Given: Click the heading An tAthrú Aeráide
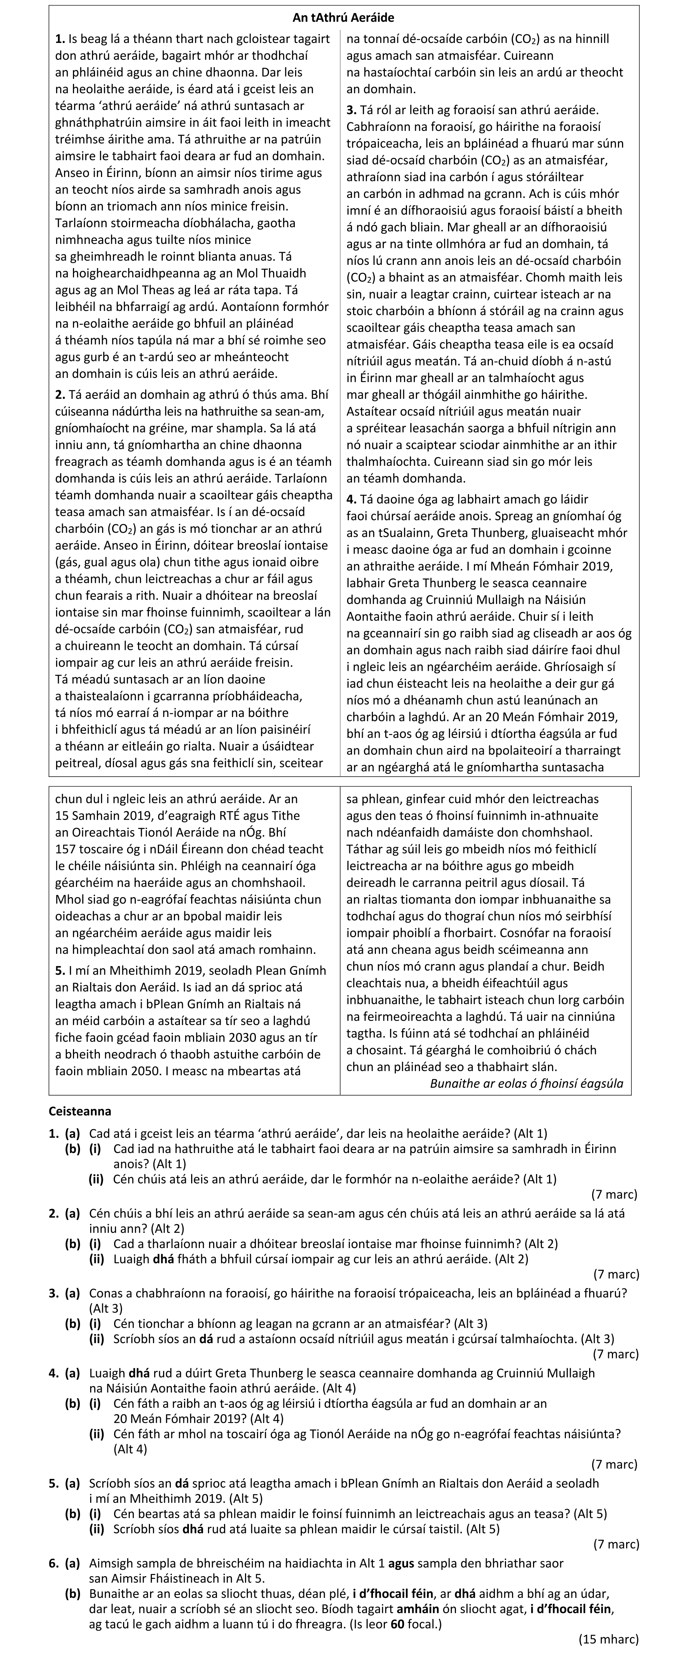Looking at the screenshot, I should (343, 17).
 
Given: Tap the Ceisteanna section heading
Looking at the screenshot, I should (80, 1111).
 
